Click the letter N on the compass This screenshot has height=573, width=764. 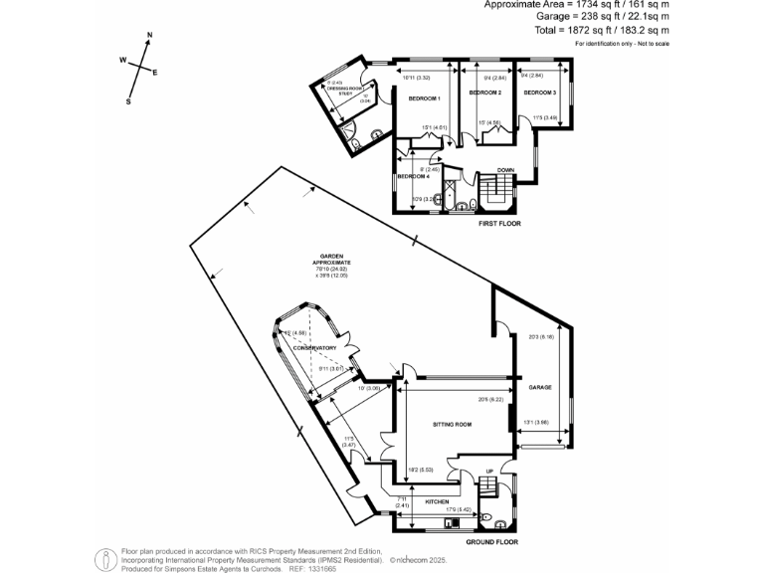click(149, 36)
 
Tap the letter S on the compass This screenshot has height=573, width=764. click(128, 100)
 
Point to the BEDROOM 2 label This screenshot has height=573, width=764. click(484, 92)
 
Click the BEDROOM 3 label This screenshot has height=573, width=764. click(539, 92)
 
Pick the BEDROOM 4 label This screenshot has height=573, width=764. click(412, 176)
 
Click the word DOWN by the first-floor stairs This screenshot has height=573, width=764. click(505, 169)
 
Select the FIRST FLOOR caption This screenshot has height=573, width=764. click(498, 224)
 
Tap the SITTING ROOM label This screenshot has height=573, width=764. click(451, 424)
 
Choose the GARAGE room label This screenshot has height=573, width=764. click(540, 387)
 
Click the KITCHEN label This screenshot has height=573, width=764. click(438, 501)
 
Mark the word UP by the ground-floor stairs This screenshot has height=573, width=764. click(488, 471)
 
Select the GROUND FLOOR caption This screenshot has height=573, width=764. click(492, 543)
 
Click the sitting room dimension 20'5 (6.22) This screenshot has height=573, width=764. click(487, 399)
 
